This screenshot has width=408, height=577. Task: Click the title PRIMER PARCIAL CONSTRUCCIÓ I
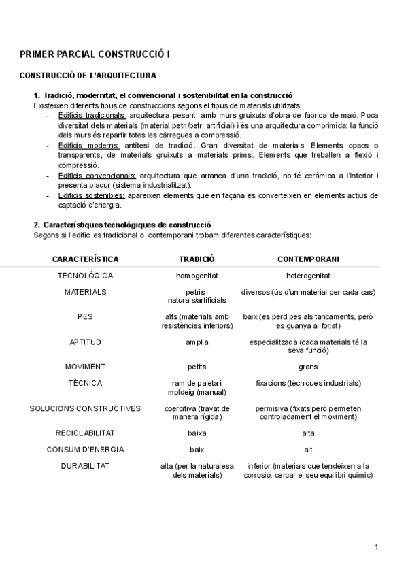[x=95, y=54]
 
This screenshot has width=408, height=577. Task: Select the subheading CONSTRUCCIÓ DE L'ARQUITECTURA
[x=88, y=76]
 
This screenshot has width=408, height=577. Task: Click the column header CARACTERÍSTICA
[x=85, y=259]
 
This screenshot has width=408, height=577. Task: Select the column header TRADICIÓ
[x=197, y=259]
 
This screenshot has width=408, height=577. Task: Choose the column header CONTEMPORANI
[x=308, y=259]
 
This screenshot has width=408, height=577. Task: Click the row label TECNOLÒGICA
[x=85, y=276]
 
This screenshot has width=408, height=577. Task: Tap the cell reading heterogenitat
[x=308, y=276]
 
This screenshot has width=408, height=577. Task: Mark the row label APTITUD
[x=85, y=342]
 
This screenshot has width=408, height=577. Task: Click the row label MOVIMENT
[x=85, y=367]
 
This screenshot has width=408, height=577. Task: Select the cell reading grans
[x=308, y=367]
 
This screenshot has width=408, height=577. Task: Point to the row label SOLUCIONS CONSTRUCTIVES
[x=85, y=408]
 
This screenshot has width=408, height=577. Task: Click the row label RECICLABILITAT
[x=85, y=433]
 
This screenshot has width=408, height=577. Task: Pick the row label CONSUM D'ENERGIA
[x=85, y=449]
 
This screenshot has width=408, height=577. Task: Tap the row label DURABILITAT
[x=85, y=466]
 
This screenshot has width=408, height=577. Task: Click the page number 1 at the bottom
[x=376, y=547]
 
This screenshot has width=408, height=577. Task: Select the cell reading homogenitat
[x=197, y=276]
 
